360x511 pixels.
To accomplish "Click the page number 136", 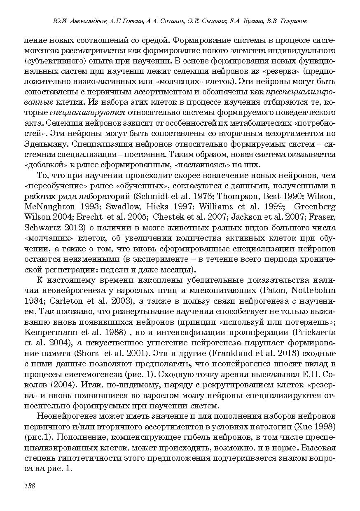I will (30, 486).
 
